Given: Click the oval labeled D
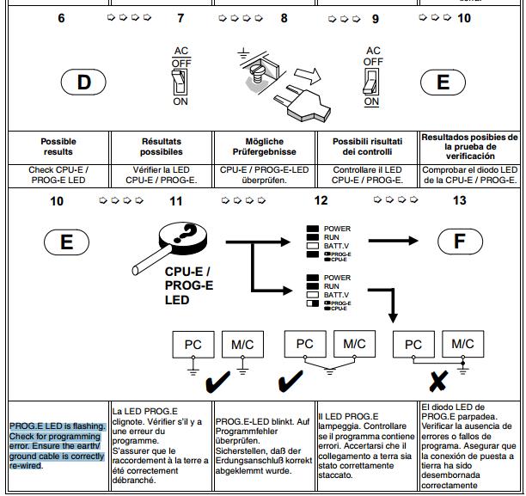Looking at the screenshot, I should (x=84, y=83).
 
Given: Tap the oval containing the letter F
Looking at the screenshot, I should (x=460, y=240).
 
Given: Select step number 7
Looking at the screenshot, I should (x=180, y=17).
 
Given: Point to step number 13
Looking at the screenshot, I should (x=460, y=201).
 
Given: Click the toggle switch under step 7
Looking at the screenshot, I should (x=180, y=82).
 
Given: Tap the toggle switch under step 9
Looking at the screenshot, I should (x=372, y=83).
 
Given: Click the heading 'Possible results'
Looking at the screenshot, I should (x=58, y=147).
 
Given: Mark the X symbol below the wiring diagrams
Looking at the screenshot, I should (x=437, y=379).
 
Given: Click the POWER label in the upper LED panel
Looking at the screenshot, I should (x=337, y=230).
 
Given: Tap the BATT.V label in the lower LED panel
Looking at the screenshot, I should (x=337, y=295).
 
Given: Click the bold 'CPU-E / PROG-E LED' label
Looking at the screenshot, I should (x=189, y=285).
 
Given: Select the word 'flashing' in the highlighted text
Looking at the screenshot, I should (x=89, y=426).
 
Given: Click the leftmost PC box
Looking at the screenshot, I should (x=193, y=345).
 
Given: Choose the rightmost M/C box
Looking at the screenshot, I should (x=464, y=345).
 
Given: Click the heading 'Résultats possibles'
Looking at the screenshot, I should (x=162, y=147).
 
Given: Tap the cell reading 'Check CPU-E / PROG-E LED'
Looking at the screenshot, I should (x=58, y=175).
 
